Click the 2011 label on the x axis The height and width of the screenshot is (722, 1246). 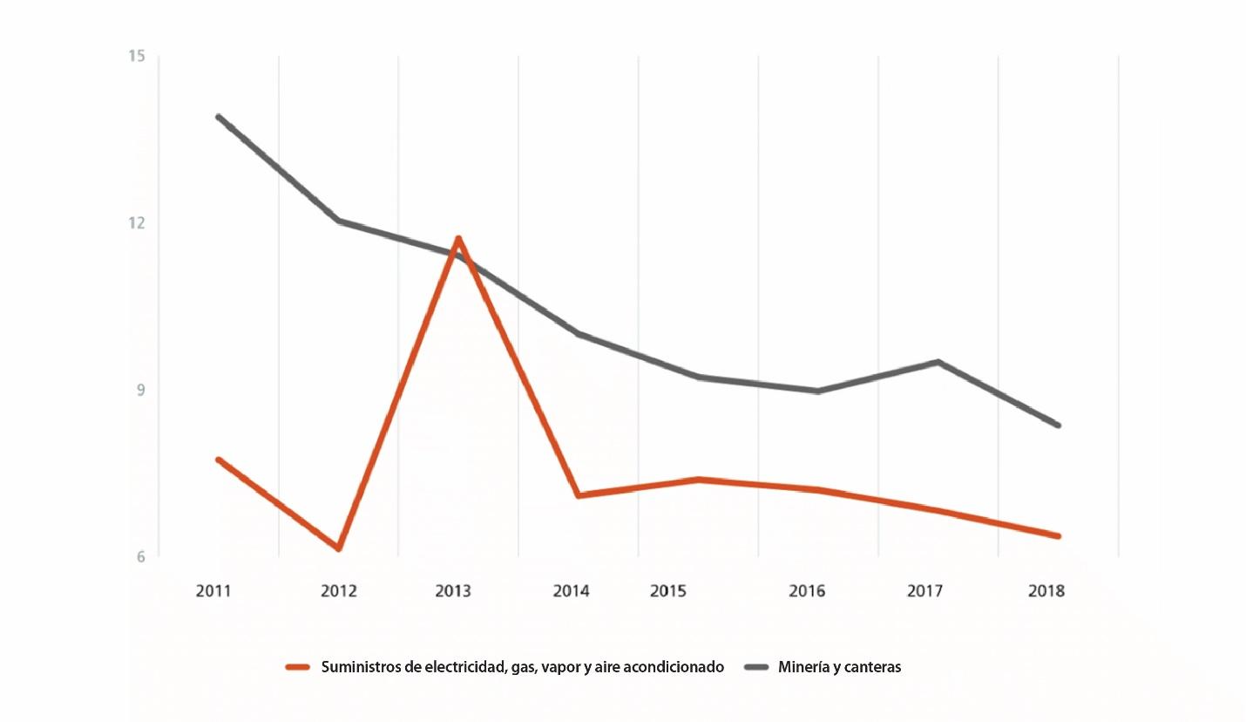pyautogui.click(x=213, y=591)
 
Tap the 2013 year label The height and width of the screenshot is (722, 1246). pyautogui.click(x=452, y=591)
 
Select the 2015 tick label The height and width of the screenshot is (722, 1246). pyautogui.click(x=668, y=591)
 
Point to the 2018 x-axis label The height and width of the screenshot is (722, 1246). pyautogui.click(x=1046, y=591)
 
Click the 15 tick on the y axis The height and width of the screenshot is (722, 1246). pyautogui.click(x=136, y=57)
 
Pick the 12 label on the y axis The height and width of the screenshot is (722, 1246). pyautogui.click(x=136, y=222)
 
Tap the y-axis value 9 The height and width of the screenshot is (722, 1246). pyautogui.click(x=139, y=389)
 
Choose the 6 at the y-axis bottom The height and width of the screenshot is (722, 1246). pyautogui.click(x=139, y=555)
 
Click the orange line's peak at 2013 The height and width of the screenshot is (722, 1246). pyautogui.click(x=458, y=238)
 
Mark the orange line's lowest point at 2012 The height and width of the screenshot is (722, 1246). pyautogui.click(x=338, y=548)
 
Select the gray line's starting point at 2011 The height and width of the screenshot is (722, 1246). pyautogui.click(x=218, y=117)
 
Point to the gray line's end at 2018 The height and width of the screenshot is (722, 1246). pyautogui.click(x=1058, y=426)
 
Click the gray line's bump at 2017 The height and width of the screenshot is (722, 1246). pyautogui.click(x=938, y=362)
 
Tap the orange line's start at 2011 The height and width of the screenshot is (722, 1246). pyautogui.click(x=218, y=460)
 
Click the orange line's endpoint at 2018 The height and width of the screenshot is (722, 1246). pyautogui.click(x=1058, y=536)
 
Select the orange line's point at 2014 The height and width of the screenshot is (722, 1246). pyautogui.click(x=579, y=495)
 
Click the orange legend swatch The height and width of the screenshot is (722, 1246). pyautogui.click(x=298, y=667)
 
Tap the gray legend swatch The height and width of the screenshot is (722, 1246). pyautogui.click(x=756, y=667)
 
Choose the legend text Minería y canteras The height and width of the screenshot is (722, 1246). pyautogui.click(x=839, y=667)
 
